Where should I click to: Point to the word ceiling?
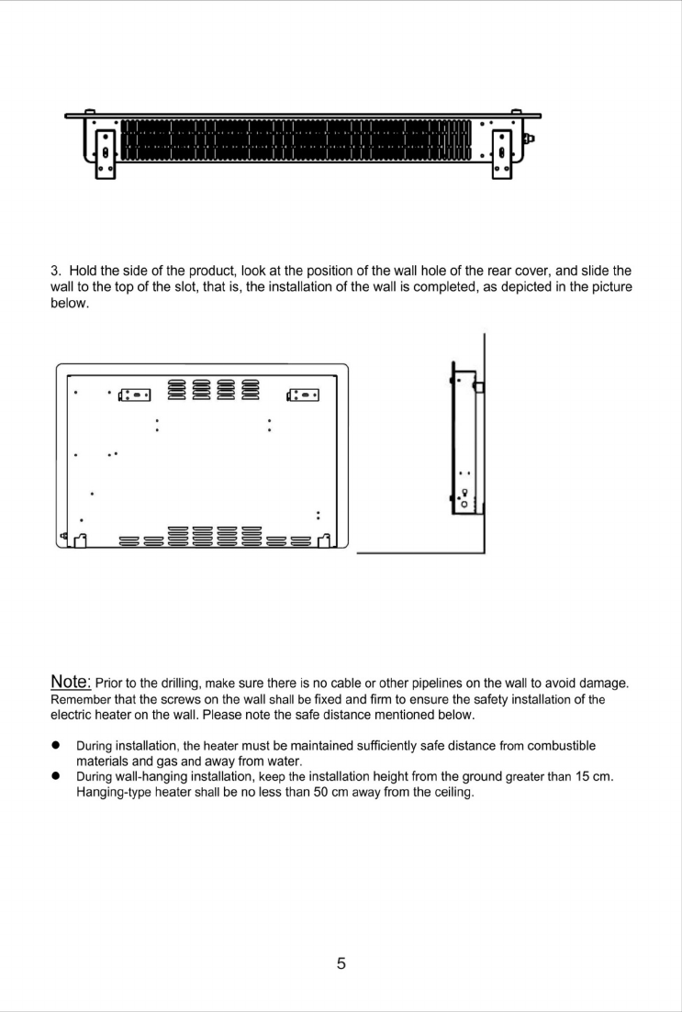450,793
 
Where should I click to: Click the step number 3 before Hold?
54,271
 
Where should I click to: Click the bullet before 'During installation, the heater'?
56,745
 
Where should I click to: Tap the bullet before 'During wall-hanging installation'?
56,777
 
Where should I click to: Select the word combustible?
559,745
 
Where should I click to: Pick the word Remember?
81,699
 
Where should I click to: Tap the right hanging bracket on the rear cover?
304,395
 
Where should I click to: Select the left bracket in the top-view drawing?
105,151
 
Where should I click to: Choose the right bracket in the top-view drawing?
503,151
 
